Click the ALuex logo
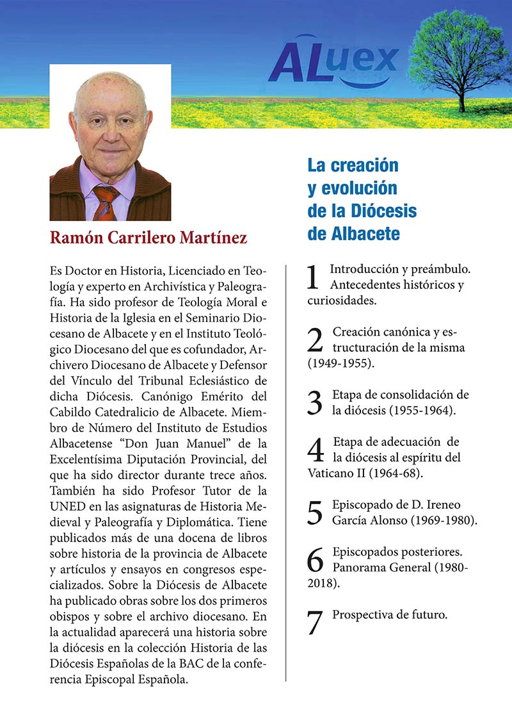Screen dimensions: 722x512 point(333,61)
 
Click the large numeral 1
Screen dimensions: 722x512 point(314,277)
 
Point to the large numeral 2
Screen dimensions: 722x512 point(315,341)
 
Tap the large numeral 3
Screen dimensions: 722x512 point(315,402)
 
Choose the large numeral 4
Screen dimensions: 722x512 point(316,450)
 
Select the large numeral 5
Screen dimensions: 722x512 point(315,513)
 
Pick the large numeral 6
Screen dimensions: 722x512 point(316,559)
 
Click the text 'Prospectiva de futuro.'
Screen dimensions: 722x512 point(390,614)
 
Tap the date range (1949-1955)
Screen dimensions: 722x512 point(340,363)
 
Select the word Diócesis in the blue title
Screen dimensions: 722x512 point(384,211)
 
